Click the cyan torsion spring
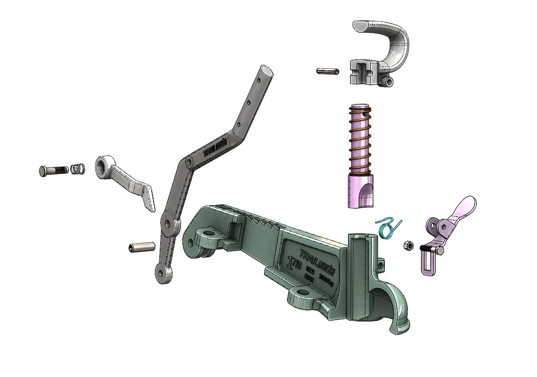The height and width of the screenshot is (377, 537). click(x=389, y=229)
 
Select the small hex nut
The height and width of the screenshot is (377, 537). click(x=405, y=246)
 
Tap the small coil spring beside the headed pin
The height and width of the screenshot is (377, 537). click(x=77, y=169)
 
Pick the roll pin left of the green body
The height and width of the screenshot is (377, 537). click(x=142, y=247)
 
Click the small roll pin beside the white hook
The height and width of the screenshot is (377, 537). click(x=328, y=71)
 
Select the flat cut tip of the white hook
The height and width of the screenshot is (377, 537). click(x=362, y=26)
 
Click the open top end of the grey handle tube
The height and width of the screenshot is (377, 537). click(x=267, y=70)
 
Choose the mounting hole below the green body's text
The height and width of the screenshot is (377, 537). click(x=303, y=293)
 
